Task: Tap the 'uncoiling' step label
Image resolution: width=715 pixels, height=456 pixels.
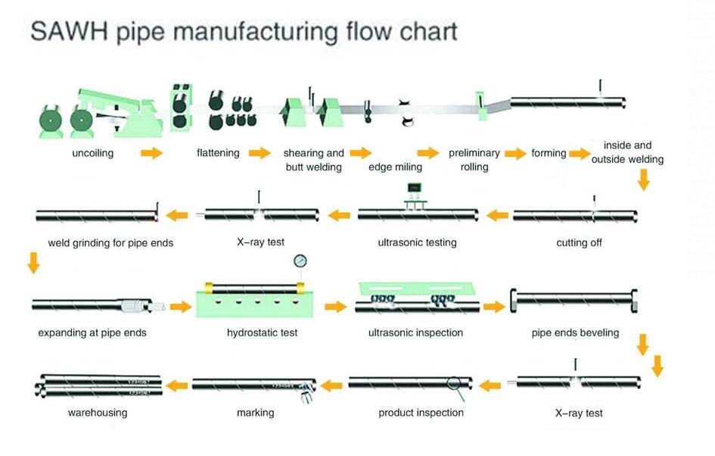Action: [93, 153]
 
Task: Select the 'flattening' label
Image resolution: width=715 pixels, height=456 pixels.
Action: [218, 152]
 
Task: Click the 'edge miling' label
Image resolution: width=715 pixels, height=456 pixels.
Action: [396, 167]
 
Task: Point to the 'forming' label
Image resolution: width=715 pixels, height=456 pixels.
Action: [549, 153]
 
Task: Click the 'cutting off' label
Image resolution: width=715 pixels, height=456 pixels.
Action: [579, 242]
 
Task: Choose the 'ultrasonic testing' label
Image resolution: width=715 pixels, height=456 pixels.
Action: [417, 242]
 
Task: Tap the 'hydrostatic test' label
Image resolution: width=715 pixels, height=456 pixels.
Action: [263, 333]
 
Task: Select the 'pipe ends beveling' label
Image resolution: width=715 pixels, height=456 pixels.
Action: [576, 333]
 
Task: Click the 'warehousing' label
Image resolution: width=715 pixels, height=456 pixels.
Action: [98, 413]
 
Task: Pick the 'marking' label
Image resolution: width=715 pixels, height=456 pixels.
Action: [256, 413]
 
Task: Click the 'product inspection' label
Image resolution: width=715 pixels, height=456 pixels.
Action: [421, 413]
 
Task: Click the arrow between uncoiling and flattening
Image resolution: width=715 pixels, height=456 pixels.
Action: [152, 153]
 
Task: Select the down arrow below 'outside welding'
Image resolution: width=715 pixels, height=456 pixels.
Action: [643, 180]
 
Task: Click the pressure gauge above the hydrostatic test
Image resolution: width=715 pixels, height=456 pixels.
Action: [300, 261]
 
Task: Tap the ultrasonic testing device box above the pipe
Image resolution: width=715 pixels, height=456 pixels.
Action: [414, 188]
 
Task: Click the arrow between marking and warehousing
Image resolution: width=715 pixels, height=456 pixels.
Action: [177, 386]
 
